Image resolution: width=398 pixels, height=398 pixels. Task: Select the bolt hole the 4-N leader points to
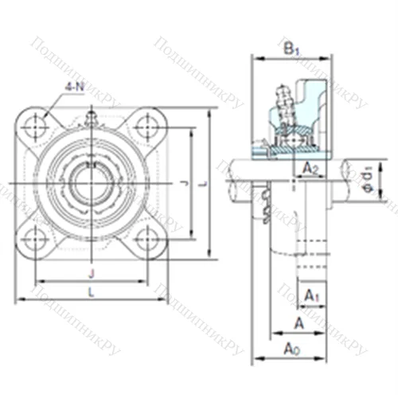pos(36,125)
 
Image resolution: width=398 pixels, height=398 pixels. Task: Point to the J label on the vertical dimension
pos(185,185)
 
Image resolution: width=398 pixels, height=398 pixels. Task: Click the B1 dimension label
pos(291,49)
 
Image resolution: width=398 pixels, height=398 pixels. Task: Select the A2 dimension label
pos(310,168)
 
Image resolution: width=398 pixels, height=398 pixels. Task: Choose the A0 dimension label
pos(292,348)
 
